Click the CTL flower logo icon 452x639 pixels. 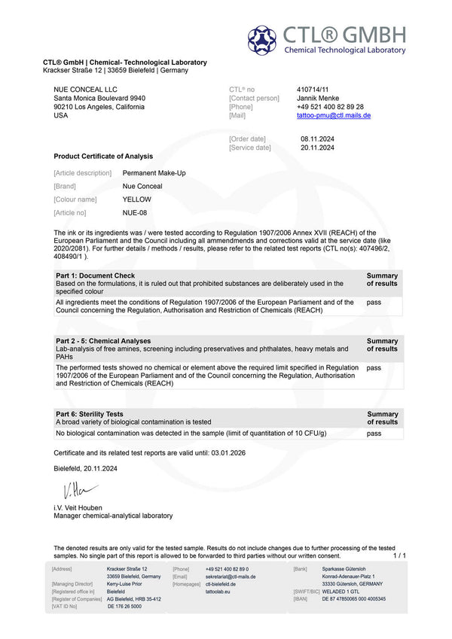262,40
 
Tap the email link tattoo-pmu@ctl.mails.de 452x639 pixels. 334,116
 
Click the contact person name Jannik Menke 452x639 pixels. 318,98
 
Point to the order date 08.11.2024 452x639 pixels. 316,138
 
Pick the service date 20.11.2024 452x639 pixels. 316,148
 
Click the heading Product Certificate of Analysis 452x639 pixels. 103,156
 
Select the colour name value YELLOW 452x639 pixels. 136,199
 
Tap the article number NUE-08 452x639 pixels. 135,213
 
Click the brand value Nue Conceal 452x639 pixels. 142,186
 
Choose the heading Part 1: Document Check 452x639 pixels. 95,275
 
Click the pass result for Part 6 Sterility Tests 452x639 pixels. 374,434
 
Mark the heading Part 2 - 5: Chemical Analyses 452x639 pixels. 103,341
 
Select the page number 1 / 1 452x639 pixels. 399,555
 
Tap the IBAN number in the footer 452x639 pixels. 353,599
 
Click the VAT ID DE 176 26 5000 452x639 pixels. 124,606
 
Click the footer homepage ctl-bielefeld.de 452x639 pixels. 220,584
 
